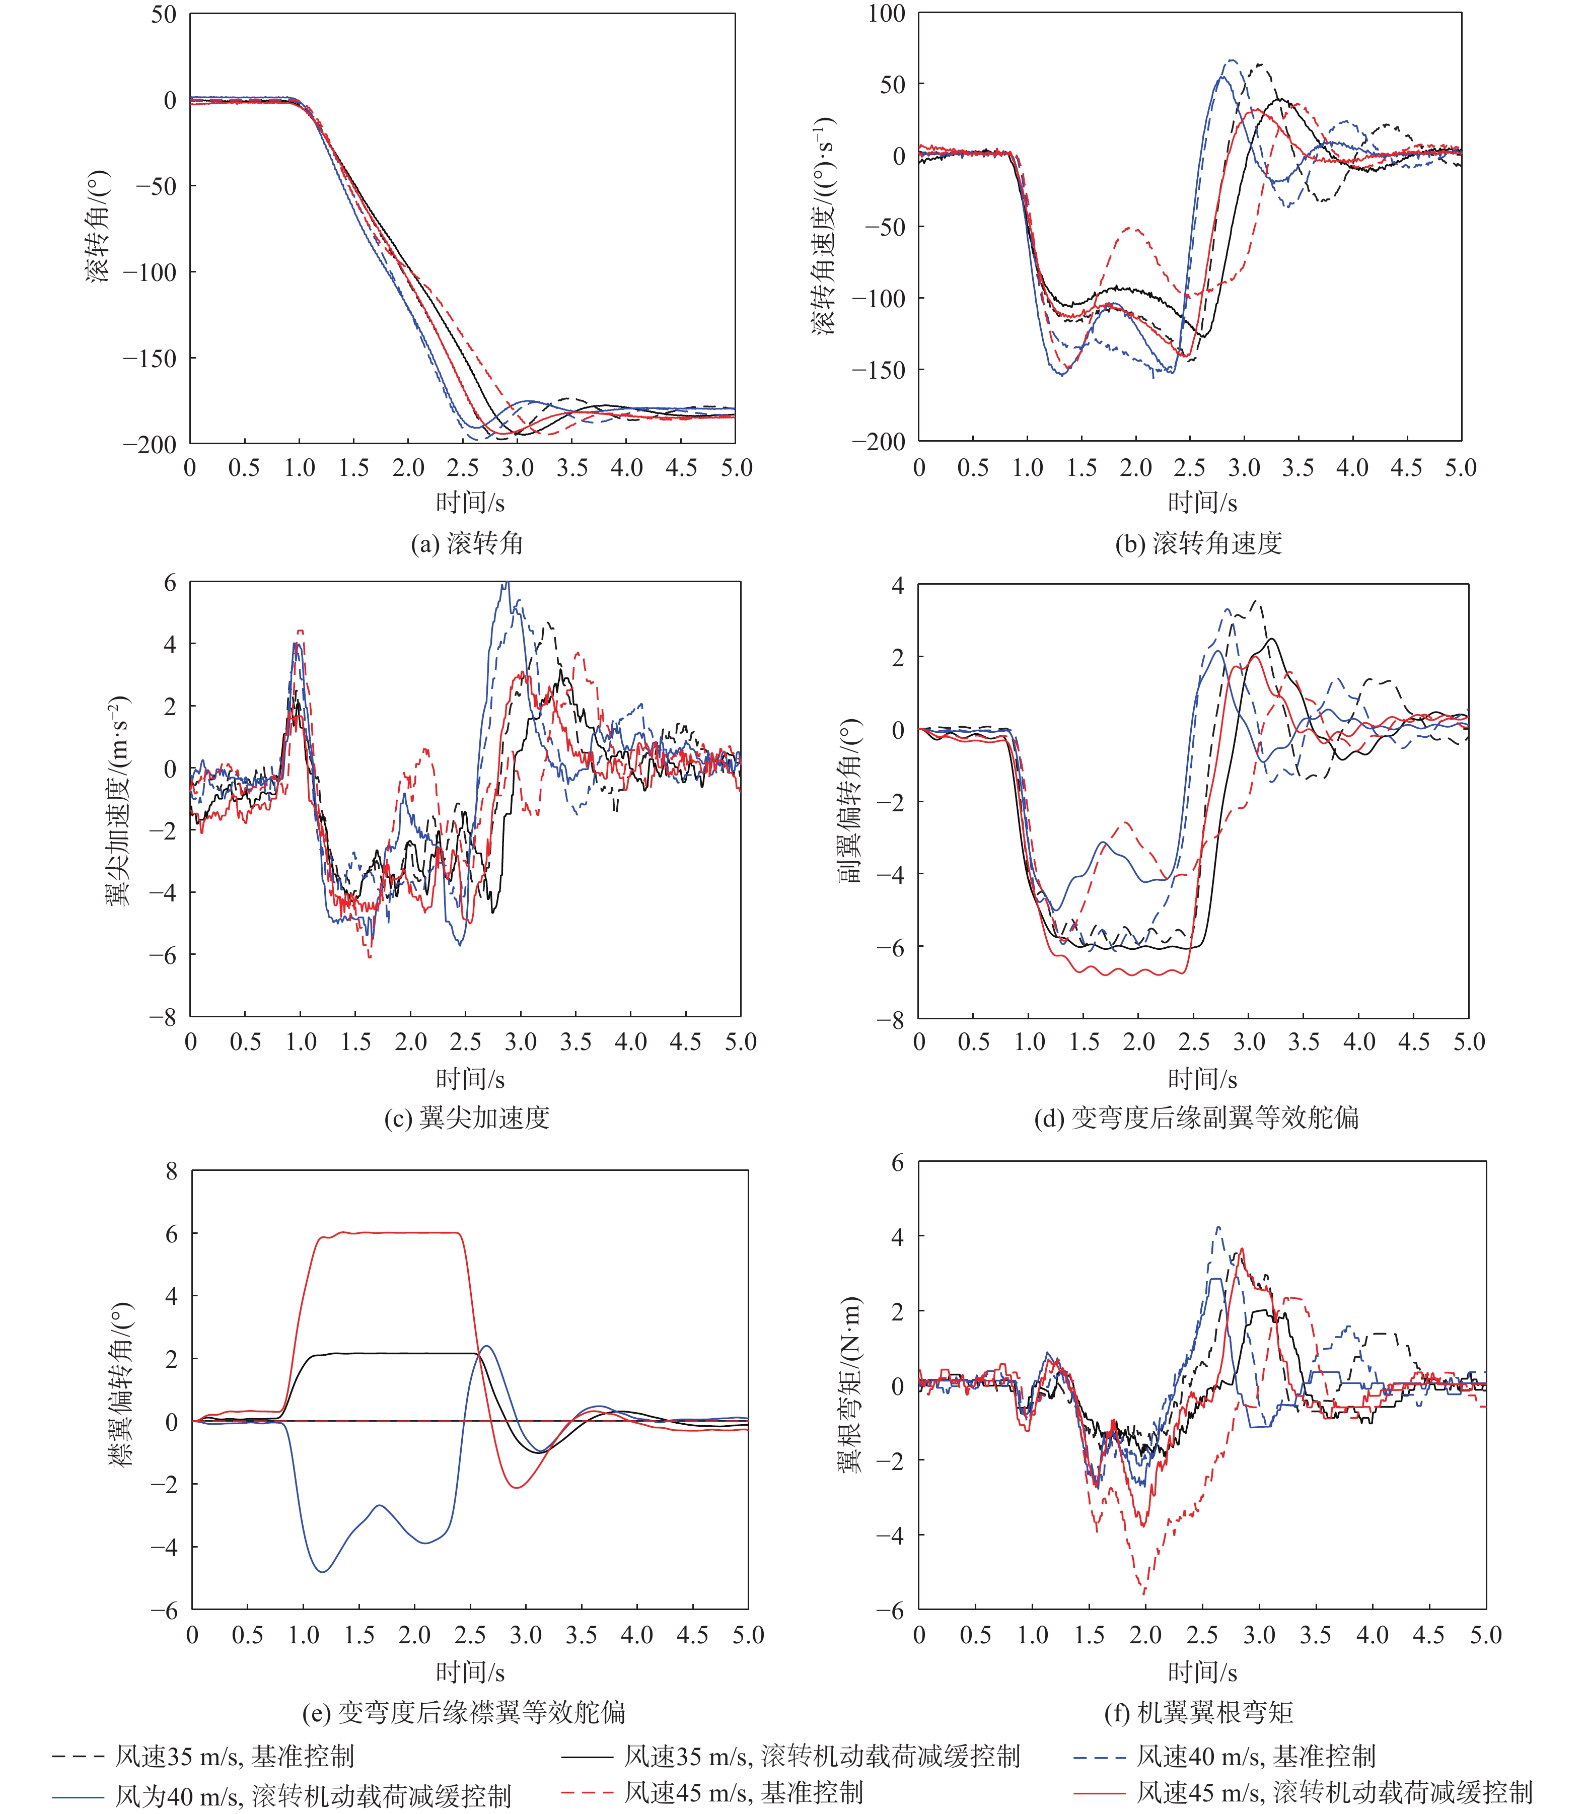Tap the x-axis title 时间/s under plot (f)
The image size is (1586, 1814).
(1202, 1671)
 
